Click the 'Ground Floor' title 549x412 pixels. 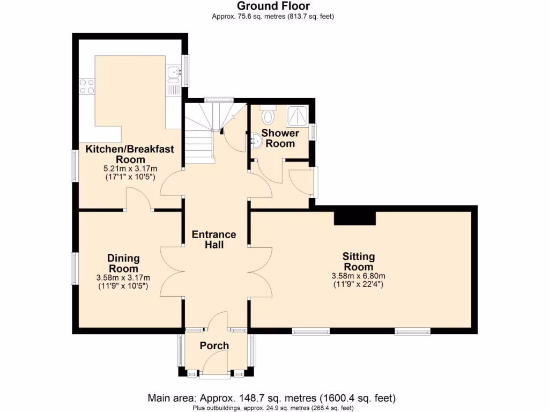click(273, 6)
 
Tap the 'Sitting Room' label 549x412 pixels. click(358, 262)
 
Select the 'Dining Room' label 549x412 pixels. click(123, 263)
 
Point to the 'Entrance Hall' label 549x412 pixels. click(214, 239)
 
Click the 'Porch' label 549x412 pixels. click(214, 345)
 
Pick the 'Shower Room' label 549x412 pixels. click(280, 138)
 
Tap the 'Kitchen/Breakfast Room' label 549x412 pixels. click(131, 154)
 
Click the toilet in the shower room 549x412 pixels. click(268, 115)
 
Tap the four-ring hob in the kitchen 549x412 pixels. click(87, 86)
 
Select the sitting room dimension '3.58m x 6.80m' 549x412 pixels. click(358, 276)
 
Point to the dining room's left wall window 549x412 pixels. click(76, 268)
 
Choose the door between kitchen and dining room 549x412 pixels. click(139, 201)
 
